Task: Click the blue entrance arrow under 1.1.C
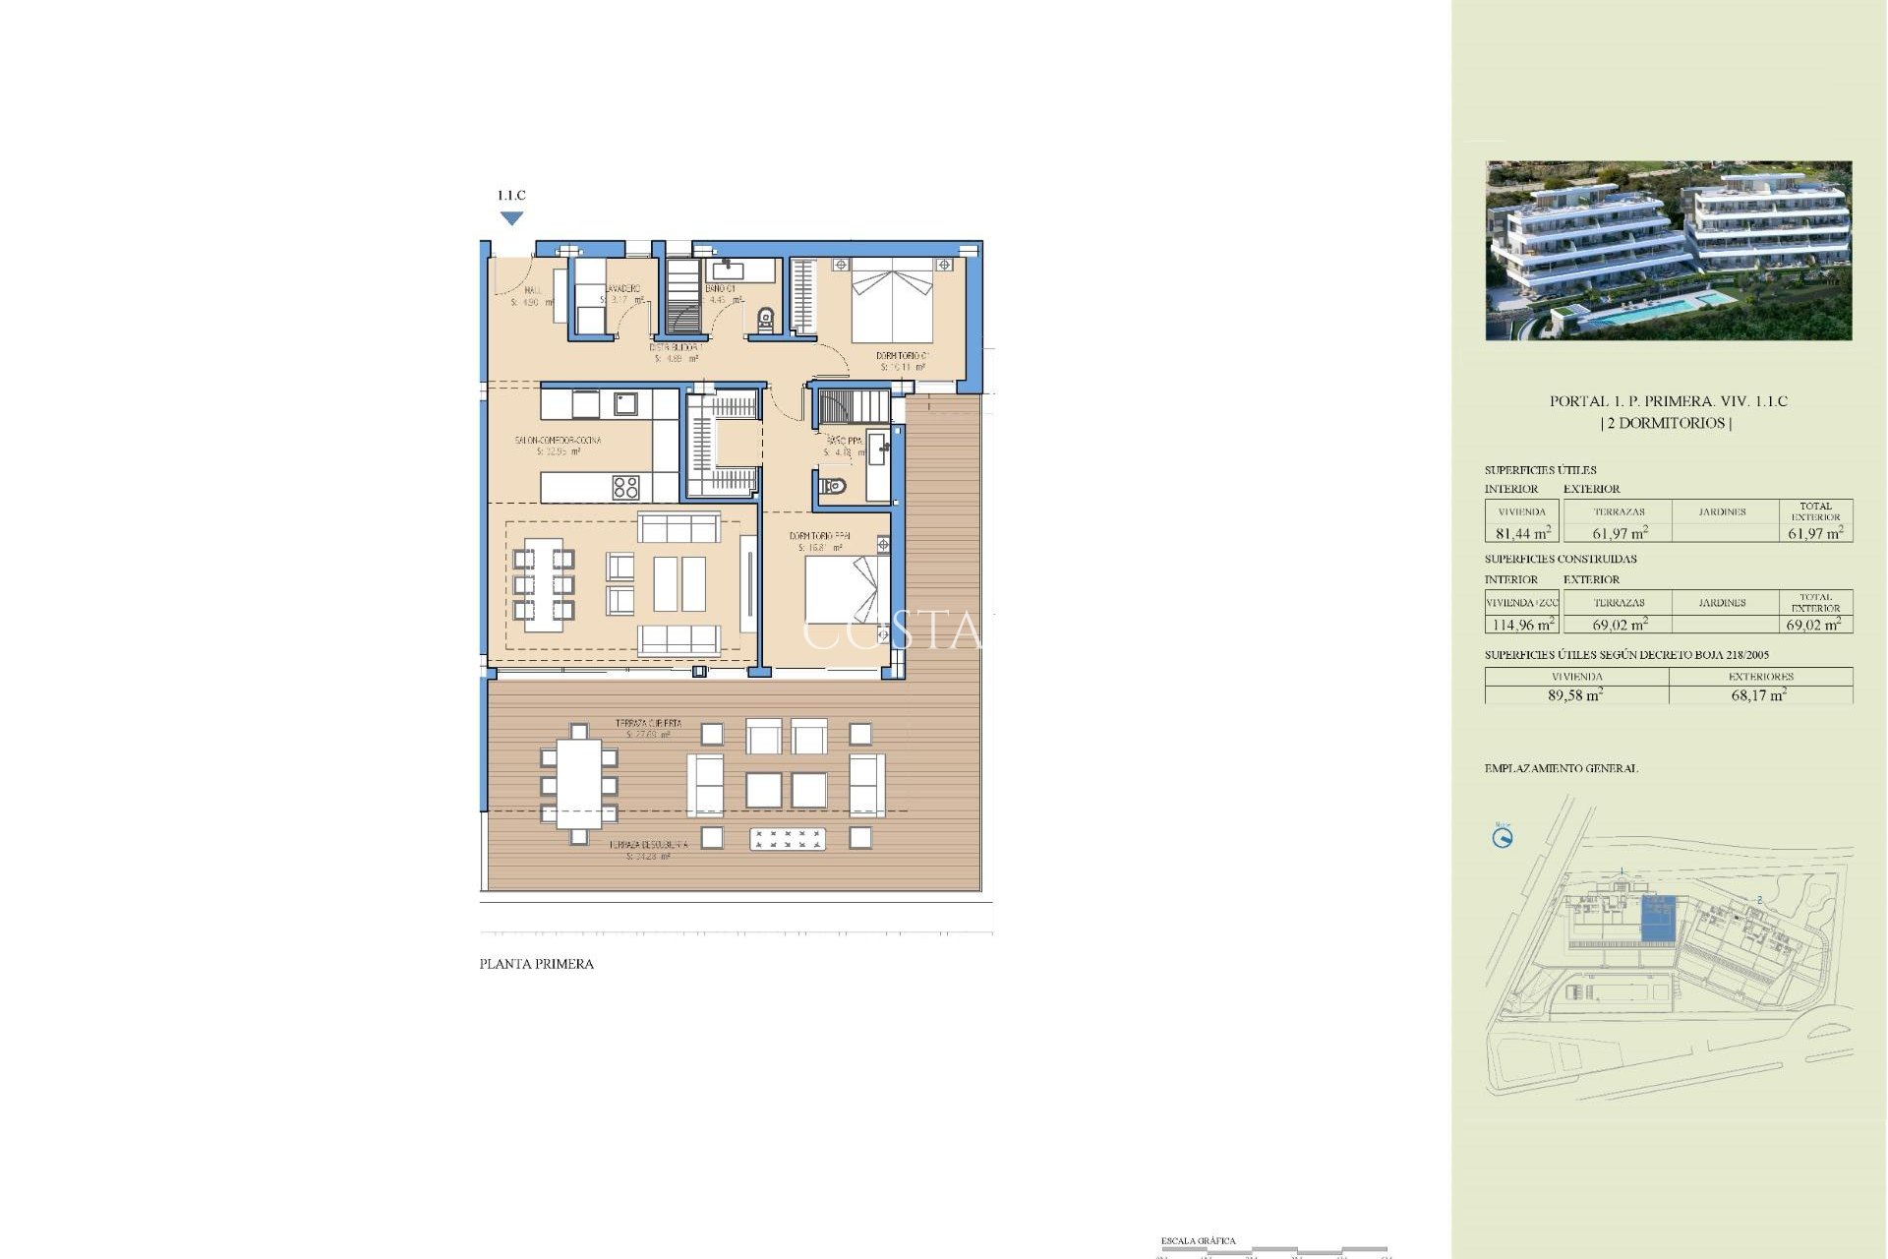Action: click(511, 218)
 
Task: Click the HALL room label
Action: click(532, 291)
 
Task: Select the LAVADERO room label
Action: click(622, 289)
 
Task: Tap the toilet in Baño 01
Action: click(766, 319)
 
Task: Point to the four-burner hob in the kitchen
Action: click(626, 487)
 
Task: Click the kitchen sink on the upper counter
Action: click(625, 403)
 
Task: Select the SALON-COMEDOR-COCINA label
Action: click(558, 441)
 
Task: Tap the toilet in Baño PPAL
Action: click(834, 486)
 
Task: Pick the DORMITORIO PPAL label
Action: click(819, 537)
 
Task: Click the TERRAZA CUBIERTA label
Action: click(648, 723)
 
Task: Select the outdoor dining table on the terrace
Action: click(579, 784)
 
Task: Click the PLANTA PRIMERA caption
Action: click(536, 965)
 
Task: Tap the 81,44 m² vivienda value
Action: click(1522, 533)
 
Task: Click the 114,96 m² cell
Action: click(1522, 625)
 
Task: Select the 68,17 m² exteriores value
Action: click(1758, 694)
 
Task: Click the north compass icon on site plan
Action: click(1503, 838)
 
